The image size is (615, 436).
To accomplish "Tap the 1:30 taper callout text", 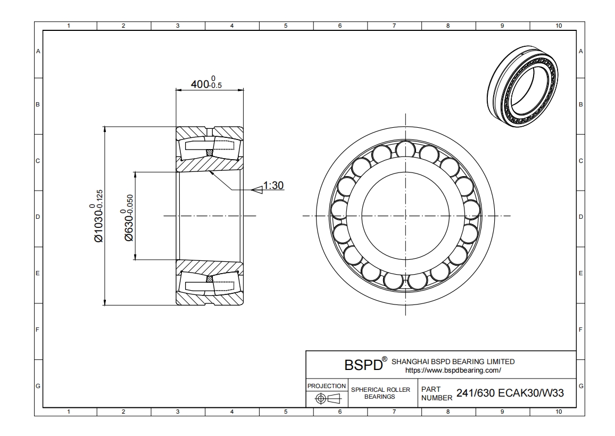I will click(275, 186).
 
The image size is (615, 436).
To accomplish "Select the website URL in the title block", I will click(453, 369).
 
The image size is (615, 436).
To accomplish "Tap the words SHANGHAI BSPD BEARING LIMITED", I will click(453, 361).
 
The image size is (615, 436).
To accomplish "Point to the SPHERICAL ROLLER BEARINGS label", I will click(380, 393).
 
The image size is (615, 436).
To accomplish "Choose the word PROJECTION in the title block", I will click(327, 385).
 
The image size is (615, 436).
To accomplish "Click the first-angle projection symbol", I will click(327, 398).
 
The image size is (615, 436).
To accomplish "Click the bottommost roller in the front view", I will click(406, 283).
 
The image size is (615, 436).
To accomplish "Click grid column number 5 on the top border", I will click(286, 25).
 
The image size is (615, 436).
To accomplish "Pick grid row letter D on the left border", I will click(38, 217).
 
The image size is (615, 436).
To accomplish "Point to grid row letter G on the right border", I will click(580, 385).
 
